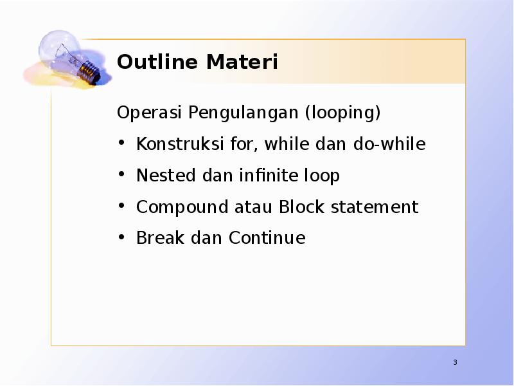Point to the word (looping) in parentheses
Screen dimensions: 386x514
coord(343,113)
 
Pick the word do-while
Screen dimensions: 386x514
coord(389,144)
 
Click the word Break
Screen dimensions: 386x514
coord(155,238)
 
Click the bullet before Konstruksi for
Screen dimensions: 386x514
coord(121,143)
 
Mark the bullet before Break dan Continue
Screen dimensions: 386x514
coord(121,237)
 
